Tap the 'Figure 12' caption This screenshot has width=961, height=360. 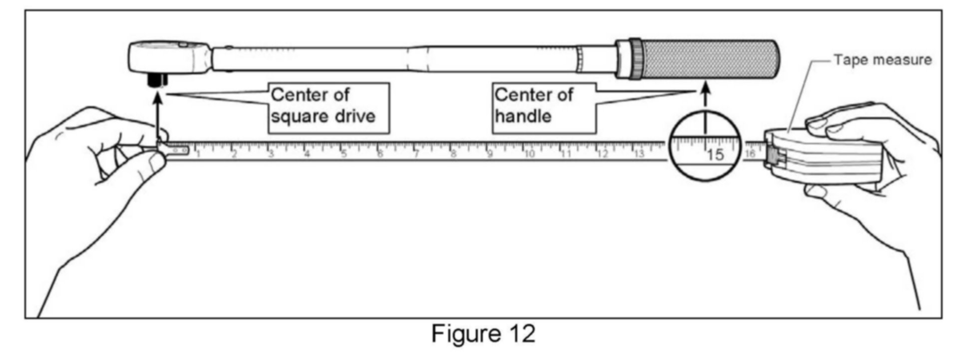pyautogui.click(x=483, y=333)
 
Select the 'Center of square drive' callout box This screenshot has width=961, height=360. pyautogui.click(x=328, y=108)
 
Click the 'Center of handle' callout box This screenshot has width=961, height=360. pyautogui.click(x=544, y=108)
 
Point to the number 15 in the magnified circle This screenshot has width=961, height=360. pyautogui.click(x=715, y=155)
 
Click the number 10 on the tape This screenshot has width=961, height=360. pyautogui.click(x=529, y=154)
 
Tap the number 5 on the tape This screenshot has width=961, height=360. pyautogui.click(x=344, y=154)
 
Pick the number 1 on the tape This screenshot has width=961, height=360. pyautogui.click(x=198, y=154)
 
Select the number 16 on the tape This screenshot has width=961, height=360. pyautogui.click(x=750, y=154)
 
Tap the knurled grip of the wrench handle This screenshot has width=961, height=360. pyautogui.click(x=709, y=58)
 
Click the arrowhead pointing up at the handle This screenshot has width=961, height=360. pyautogui.click(x=705, y=90)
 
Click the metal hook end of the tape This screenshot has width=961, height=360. pyautogui.click(x=175, y=149)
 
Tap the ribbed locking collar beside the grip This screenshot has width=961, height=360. pyautogui.click(x=635, y=58)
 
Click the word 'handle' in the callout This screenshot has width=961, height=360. pyautogui.click(x=523, y=117)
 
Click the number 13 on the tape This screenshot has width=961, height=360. pyautogui.click(x=639, y=154)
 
